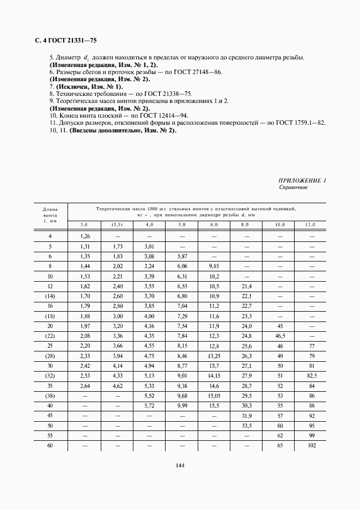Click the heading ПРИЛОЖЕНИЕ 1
point(302,180)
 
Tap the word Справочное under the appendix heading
point(294,187)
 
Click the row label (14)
point(50,296)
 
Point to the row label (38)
point(50,396)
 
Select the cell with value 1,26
point(84,236)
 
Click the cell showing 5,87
point(182,256)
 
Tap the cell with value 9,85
point(214,266)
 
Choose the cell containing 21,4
point(247,286)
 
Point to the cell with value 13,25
point(214,356)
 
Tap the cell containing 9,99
point(182,406)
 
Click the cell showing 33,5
point(247,426)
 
